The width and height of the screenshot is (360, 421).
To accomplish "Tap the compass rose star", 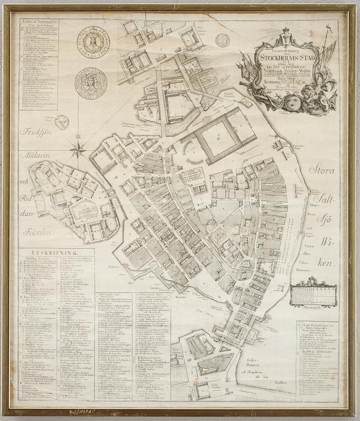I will click(x=78, y=147).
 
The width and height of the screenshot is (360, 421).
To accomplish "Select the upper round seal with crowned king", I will click(x=92, y=43).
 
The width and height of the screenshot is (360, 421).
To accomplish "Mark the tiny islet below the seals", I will click(x=62, y=122).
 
